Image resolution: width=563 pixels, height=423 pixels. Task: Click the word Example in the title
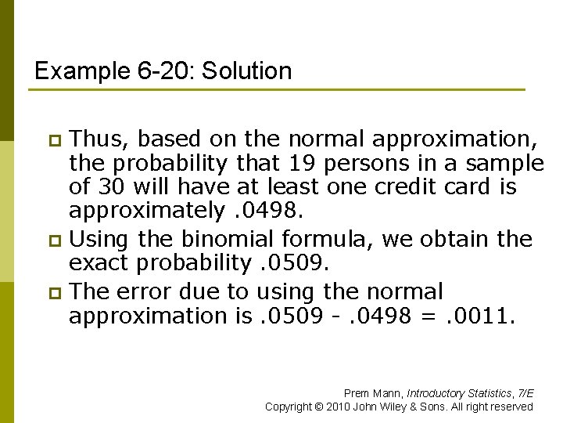point(74,71)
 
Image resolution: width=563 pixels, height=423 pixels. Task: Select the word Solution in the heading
point(247,71)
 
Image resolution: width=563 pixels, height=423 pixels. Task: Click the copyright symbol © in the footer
point(319,407)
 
